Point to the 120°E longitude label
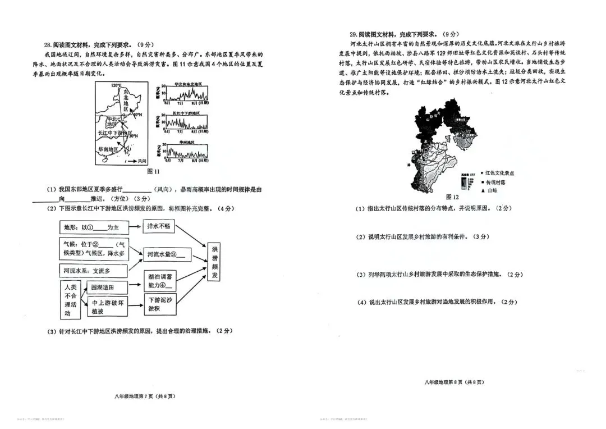pyautogui.click(x=116, y=85)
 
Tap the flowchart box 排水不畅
pyautogui.click(x=159, y=226)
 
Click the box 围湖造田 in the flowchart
pyautogui.click(x=103, y=287)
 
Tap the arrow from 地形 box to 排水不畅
pyautogui.click(x=135, y=227)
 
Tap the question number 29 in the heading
pyautogui.click(x=353, y=34)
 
